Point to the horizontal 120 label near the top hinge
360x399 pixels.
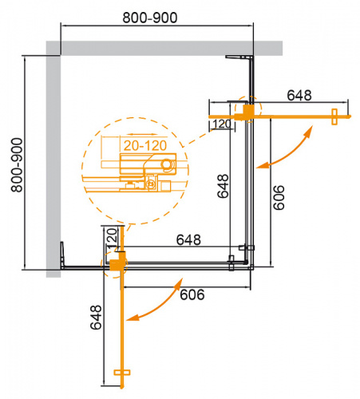pos(223,124)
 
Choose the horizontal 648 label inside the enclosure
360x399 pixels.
pos(187,239)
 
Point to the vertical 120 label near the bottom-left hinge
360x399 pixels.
pos(112,238)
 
